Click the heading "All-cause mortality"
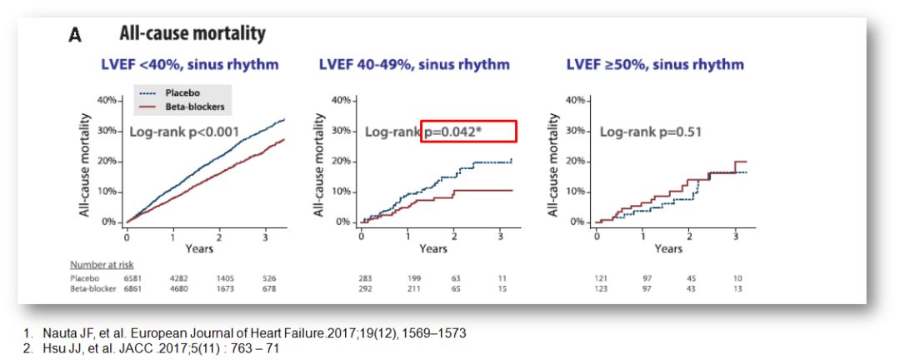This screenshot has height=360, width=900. pos(192,34)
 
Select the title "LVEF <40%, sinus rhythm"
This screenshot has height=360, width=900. pos(189,64)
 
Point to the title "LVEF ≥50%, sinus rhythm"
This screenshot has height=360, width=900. pos(655,64)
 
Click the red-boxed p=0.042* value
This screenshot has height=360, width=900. pos(468,132)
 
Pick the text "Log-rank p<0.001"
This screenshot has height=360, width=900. pos(183,132)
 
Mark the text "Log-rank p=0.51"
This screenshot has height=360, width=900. pos(652,132)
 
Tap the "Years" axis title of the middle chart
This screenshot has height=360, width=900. pos(433,248)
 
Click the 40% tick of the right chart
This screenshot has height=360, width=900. pos(577,100)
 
